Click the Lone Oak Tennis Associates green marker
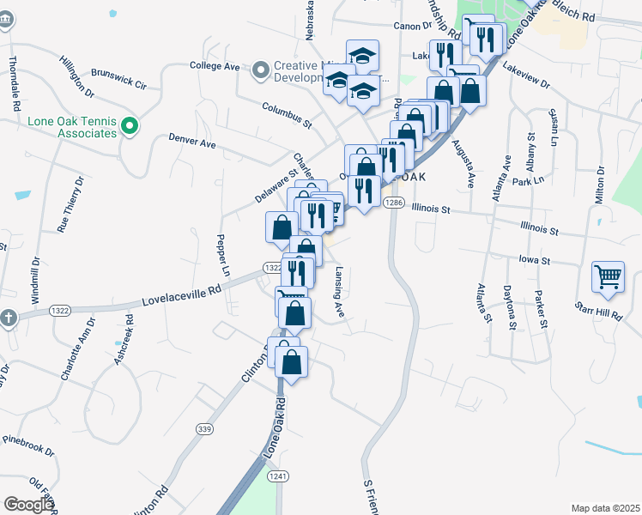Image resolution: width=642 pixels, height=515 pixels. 130,128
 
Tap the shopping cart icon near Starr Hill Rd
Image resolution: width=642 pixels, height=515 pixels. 607,276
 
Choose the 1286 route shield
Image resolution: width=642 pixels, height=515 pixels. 393,203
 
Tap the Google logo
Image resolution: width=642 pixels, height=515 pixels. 29,505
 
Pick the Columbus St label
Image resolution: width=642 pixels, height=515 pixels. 287,112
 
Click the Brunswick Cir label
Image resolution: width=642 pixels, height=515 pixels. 119,80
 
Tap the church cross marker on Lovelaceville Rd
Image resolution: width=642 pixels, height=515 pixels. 9,318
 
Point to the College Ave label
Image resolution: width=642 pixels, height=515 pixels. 215,65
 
